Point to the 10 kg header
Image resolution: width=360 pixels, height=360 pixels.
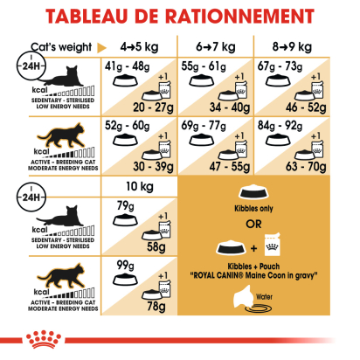click(x=140, y=187)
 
